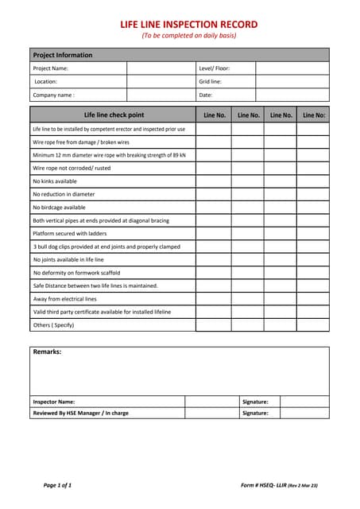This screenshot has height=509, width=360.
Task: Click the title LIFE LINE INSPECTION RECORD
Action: tap(189, 25)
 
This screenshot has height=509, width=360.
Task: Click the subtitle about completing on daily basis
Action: tap(189, 36)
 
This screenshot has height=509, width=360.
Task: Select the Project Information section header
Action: tap(63, 55)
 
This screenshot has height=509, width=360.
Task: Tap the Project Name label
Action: tap(51, 68)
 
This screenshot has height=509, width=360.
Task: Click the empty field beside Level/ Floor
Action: tap(292, 68)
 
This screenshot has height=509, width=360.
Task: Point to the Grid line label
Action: tap(211, 82)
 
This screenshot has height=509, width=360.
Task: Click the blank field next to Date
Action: tap(292, 95)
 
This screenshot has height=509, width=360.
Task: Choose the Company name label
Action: tap(54, 95)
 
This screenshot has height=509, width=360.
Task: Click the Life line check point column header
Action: tap(114, 115)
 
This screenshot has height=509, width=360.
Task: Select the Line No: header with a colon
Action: tap(314, 115)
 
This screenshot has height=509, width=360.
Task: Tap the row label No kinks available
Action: tap(55, 181)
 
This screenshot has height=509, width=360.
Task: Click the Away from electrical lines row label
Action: tap(64, 299)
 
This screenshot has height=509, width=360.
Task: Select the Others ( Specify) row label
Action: tap(53, 325)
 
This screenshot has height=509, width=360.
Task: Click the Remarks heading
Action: tap(47, 352)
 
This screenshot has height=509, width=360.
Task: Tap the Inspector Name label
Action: tap(54, 402)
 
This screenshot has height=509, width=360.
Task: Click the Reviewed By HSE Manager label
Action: tap(80, 413)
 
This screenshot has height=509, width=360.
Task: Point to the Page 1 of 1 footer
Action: tap(57, 484)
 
